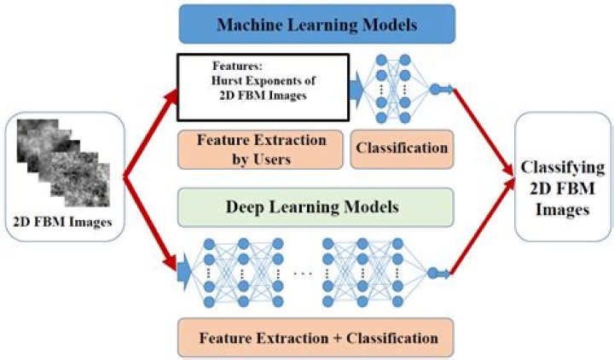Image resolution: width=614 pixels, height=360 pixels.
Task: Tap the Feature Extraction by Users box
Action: (256, 147)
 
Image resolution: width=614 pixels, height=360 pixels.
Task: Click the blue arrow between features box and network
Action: (358, 85)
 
